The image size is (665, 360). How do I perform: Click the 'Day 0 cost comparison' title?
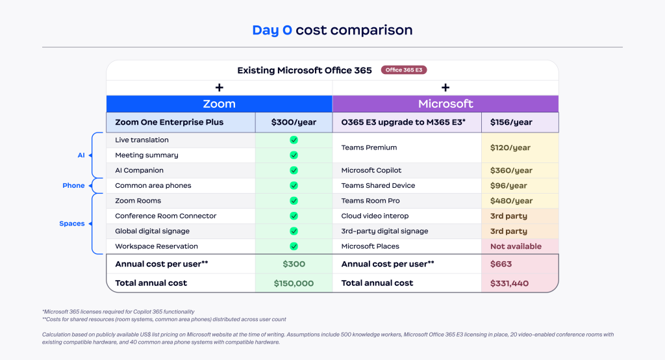point(332,30)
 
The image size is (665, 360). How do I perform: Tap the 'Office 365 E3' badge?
point(404,70)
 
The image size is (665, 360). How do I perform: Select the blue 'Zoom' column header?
point(219,104)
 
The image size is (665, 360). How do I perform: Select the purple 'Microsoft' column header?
point(445,104)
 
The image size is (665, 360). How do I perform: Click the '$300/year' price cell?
point(293,122)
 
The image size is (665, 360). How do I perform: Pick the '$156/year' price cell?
point(511,122)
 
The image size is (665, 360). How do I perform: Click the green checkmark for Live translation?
point(294,140)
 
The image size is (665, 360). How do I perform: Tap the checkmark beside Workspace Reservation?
point(294,246)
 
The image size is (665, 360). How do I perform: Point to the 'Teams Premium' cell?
point(368,148)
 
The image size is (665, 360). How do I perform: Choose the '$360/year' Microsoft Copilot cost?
point(511,170)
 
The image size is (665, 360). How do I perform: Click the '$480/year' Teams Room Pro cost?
point(511,201)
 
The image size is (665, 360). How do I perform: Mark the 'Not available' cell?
point(516,246)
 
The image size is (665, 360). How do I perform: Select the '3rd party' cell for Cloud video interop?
point(508,216)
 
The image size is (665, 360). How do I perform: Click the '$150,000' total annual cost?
point(294,283)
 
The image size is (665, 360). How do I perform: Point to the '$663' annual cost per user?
point(501,264)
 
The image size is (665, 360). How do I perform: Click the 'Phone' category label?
point(73,185)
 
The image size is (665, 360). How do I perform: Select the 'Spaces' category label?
point(72,224)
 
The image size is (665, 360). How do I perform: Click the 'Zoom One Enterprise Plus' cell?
point(169,122)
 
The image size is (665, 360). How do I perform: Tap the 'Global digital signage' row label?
point(153,231)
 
